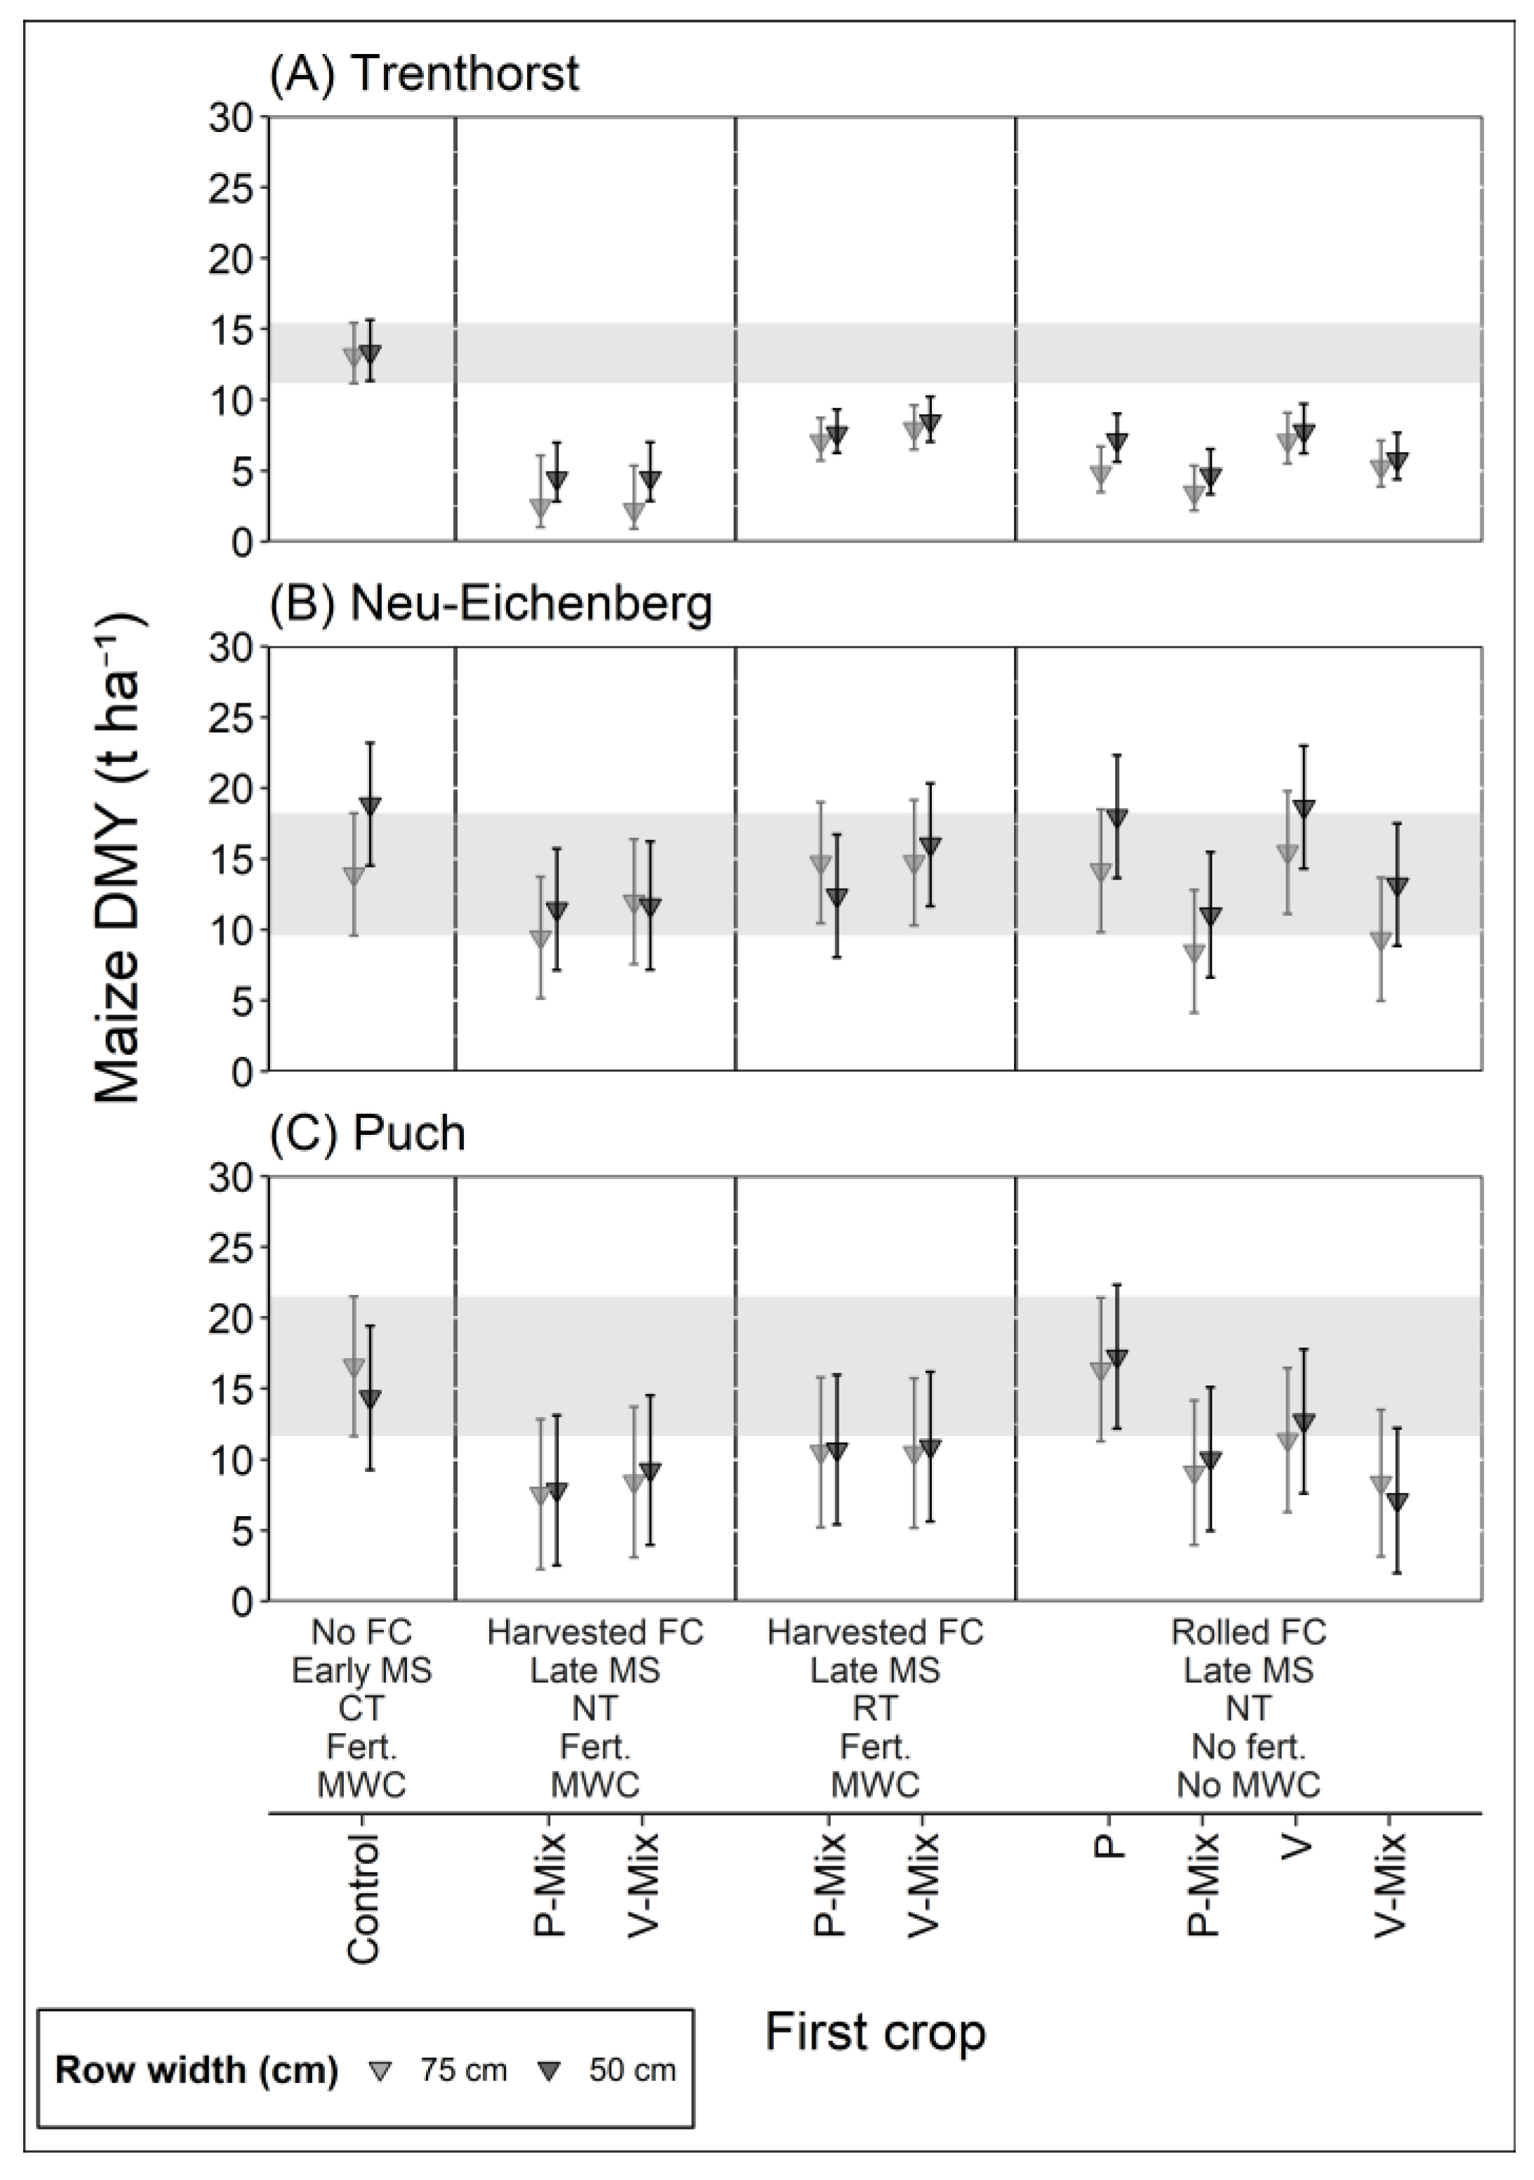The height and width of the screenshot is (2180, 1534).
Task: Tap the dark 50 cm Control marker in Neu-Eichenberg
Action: coord(371,805)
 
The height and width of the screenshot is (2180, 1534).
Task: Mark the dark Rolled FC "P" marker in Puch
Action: coord(1117,1357)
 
